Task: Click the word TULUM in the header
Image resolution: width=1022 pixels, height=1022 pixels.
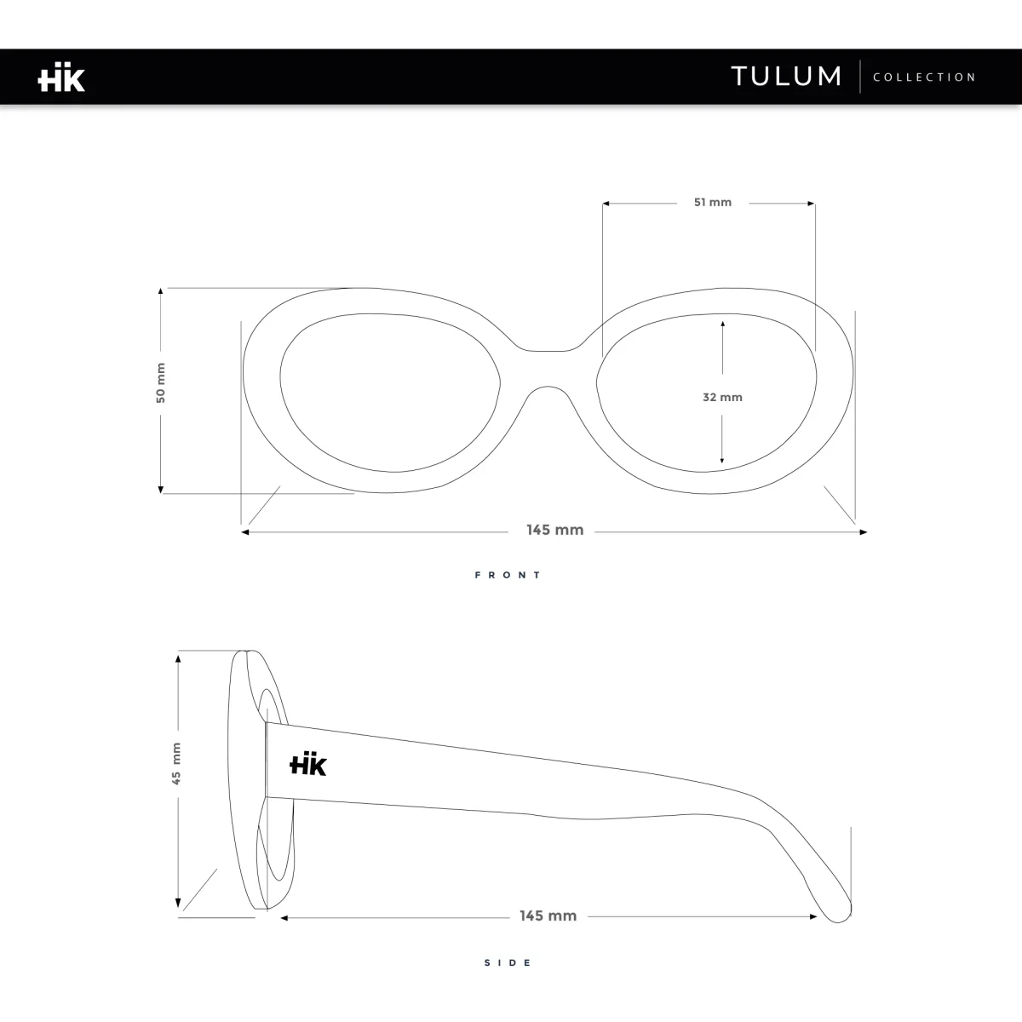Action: pos(787,77)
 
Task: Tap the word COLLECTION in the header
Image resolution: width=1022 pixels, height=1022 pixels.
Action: pos(924,78)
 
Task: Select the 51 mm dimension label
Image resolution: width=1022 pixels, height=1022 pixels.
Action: pos(713,202)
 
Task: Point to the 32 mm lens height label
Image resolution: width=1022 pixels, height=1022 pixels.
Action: pos(722,397)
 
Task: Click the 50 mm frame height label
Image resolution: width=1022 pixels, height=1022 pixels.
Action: pos(161,382)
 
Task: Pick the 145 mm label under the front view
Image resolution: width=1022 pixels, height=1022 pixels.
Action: pos(554,530)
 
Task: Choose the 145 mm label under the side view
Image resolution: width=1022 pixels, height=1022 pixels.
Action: pos(548,916)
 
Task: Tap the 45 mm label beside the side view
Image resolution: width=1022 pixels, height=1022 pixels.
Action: pos(176,763)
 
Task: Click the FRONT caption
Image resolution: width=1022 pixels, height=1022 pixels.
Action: pos(508,575)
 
